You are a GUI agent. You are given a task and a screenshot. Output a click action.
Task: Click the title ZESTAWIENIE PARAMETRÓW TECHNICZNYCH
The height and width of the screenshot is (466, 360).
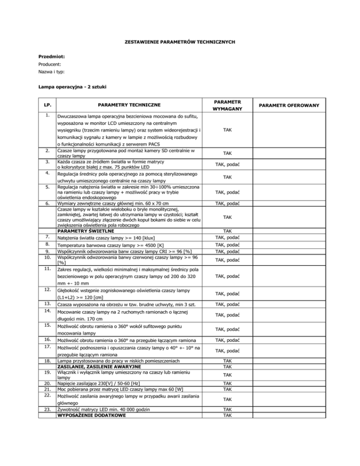coord(180,42)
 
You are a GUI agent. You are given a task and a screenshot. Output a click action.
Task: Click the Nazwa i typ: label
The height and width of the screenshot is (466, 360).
coord(52,72)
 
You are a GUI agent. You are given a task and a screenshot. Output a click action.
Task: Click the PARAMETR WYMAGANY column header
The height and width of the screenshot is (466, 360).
coord(226,105)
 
